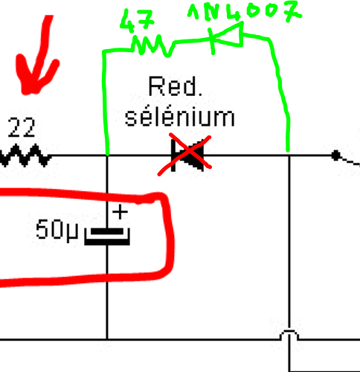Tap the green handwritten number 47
coord(137,20)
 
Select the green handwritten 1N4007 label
coord(245,11)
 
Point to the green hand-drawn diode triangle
coord(229,35)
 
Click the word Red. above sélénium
coord(176,86)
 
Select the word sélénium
coord(180,117)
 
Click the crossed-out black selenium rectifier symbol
coord(187,155)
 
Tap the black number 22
coord(22,127)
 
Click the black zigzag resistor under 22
coord(25,155)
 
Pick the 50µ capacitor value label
coord(57,229)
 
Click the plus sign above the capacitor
coord(120,211)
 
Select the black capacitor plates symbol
coord(107,237)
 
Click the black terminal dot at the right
coord(336,155)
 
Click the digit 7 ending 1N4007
coord(293,11)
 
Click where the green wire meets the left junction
coord(107,155)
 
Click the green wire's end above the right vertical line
coord(288,150)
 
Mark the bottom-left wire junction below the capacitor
coord(107,339)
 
